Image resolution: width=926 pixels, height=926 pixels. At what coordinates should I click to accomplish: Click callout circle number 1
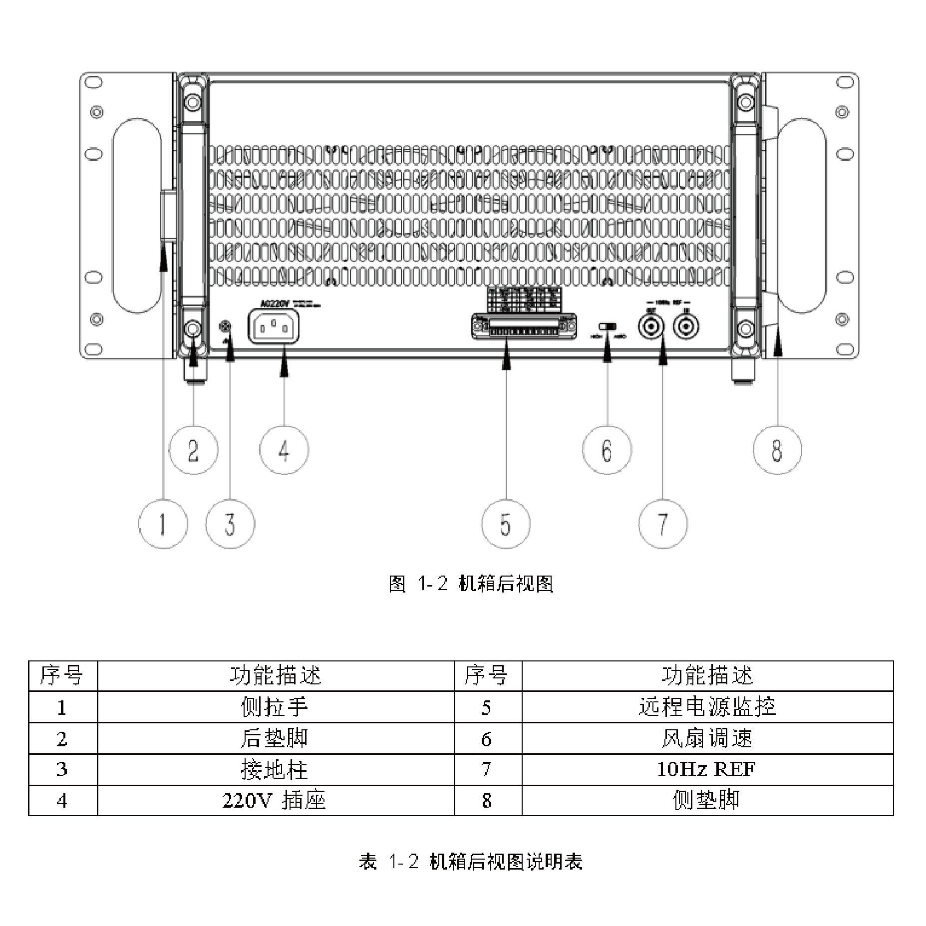(163, 524)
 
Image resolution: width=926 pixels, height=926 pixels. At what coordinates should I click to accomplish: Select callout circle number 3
(230, 524)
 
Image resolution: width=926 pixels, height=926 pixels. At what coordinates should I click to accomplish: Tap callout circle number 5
(506, 524)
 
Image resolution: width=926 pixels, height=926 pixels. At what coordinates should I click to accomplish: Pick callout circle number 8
(777, 450)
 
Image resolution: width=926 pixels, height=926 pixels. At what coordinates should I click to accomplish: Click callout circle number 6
(607, 450)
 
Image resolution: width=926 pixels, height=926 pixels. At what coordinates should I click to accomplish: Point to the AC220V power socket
(274, 327)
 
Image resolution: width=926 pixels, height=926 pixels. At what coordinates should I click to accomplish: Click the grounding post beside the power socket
(226, 327)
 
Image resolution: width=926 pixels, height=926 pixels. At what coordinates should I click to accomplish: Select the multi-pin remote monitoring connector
(524, 327)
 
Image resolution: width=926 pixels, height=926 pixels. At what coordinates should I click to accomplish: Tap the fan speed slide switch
(608, 326)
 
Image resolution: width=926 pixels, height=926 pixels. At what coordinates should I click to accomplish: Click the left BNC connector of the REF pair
(651, 327)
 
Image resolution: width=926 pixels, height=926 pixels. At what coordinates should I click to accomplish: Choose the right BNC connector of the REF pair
(686, 327)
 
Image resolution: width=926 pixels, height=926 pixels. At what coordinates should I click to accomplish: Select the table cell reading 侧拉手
(275, 707)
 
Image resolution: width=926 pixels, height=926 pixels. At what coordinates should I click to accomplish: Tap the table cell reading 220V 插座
(275, 801)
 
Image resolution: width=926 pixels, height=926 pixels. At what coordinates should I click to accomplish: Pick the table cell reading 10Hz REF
(706, 769)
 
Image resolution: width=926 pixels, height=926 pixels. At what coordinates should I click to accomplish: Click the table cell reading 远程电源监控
(706, 707)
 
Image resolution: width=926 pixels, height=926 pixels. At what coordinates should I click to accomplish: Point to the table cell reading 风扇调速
(706, 738)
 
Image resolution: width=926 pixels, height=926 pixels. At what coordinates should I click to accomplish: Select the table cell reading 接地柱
(275, 769)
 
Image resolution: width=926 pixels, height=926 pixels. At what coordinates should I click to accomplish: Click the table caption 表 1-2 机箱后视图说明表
(471, 862)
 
